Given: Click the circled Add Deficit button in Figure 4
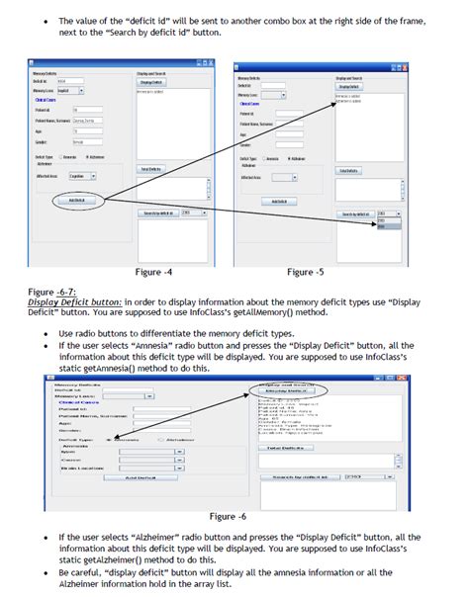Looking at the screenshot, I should point(76,200).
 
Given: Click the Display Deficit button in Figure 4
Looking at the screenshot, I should point(150,82).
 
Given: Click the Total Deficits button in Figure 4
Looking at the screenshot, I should point(150,169).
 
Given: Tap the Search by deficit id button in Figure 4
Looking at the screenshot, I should point(157,213).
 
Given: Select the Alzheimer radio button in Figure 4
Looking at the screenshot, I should point(88,157).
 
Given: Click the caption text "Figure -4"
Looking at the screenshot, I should point(154,271).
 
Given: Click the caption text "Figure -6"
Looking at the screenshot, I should point(229,516).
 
